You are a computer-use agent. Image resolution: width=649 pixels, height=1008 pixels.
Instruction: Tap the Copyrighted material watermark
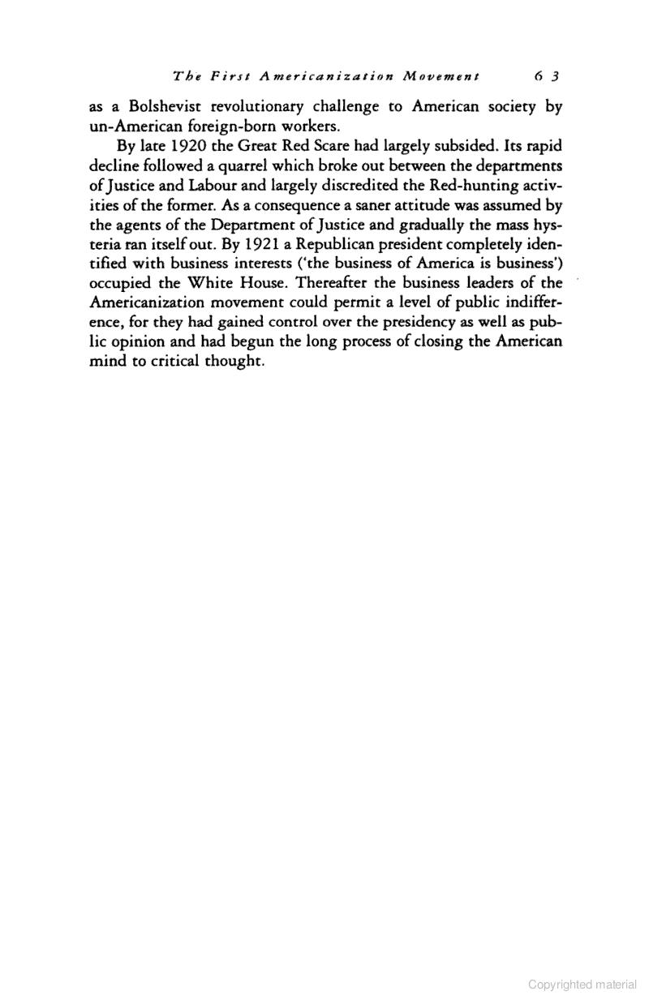pyautogui.click(x=582, y=984)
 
